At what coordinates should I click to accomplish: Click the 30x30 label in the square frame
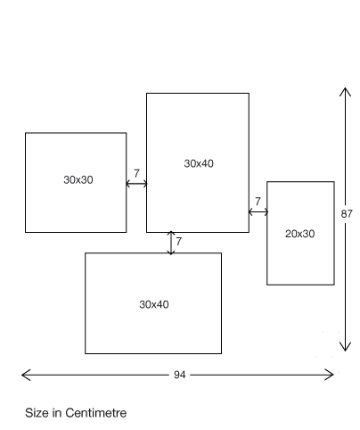point(78,180)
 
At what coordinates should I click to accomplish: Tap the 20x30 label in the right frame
point(300,234)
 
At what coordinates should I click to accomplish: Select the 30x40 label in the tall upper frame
point(199,163)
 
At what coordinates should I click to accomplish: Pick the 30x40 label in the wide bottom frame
point(154,304)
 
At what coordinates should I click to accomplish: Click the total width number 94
point(180,375)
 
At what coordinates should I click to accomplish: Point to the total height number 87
point(347,214)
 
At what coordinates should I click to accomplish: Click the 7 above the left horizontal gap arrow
point(136,173)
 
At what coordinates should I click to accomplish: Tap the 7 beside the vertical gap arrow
point(178,242)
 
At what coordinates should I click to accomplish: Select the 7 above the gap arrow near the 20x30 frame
point(258,202)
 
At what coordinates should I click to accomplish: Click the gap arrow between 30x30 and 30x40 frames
point(136,184)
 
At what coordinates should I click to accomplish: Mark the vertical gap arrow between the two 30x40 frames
point(171,243)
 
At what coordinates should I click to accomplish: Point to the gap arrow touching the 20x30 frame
point(258,212)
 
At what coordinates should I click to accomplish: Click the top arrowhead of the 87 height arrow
point(345,88)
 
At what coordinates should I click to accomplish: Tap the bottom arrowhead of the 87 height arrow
point(345,351)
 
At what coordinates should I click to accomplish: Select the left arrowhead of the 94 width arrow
point(22,375)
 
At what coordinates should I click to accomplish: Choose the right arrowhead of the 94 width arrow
point(333,375)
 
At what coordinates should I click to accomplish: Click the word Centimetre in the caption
point(96,413)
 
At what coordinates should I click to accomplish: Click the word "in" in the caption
point(57,413)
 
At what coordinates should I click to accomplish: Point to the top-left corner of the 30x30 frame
point(26,133)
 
